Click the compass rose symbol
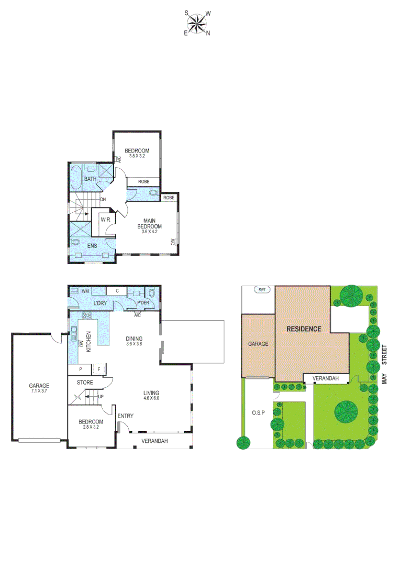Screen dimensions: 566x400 [x=197, y=23]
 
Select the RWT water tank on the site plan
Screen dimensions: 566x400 [x=261, y=290]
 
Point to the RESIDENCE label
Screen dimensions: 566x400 [x=303, y=329]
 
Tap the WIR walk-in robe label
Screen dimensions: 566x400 [x=105, y=220]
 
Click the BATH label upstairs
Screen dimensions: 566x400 [x=91, y=179]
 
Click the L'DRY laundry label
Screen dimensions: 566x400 [x=100, y=303]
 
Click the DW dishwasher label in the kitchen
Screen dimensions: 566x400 [x=81, y=344]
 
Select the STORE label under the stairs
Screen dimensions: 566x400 [x=85, y=383]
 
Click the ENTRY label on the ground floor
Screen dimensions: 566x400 [x=126, y=416]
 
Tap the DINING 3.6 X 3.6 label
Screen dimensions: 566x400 [x=135, y=341]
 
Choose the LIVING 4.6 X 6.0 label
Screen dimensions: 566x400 [x=152, y=396]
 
